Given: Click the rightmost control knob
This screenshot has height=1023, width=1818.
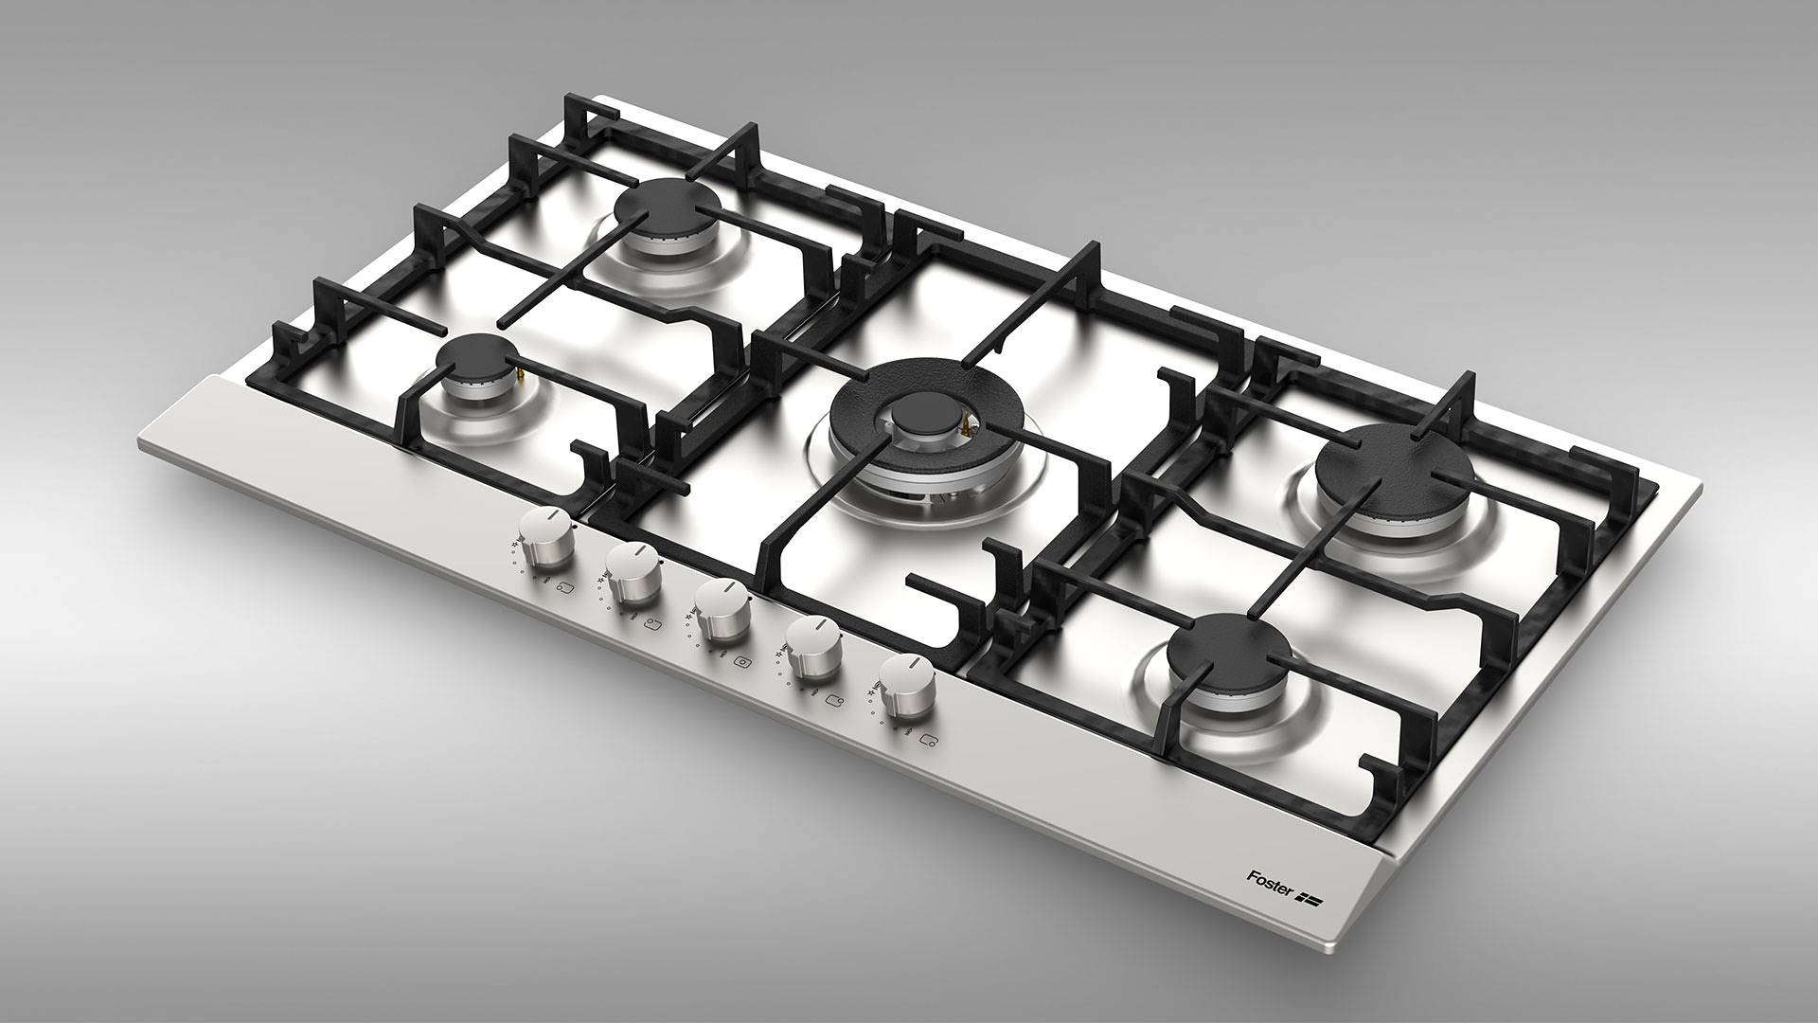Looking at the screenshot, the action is click(903, 686).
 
